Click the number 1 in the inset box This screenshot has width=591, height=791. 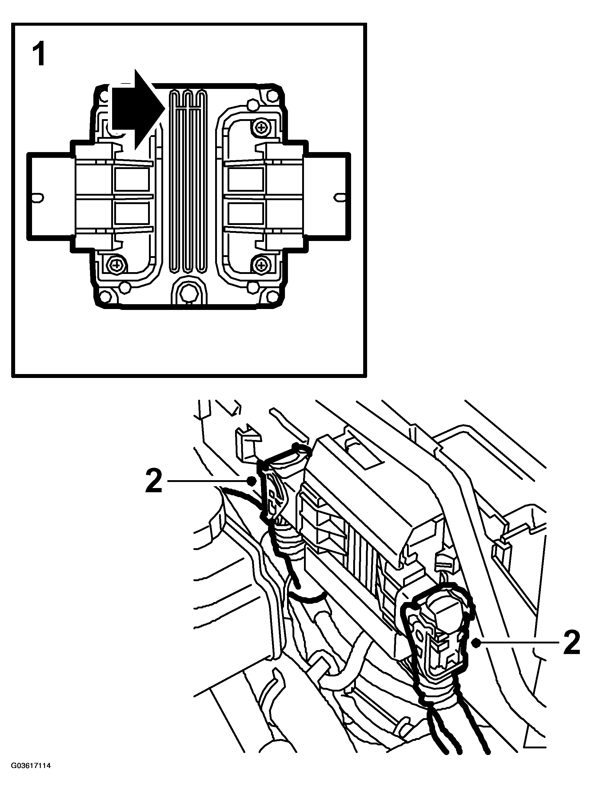39,55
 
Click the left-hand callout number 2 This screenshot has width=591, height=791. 154,481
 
